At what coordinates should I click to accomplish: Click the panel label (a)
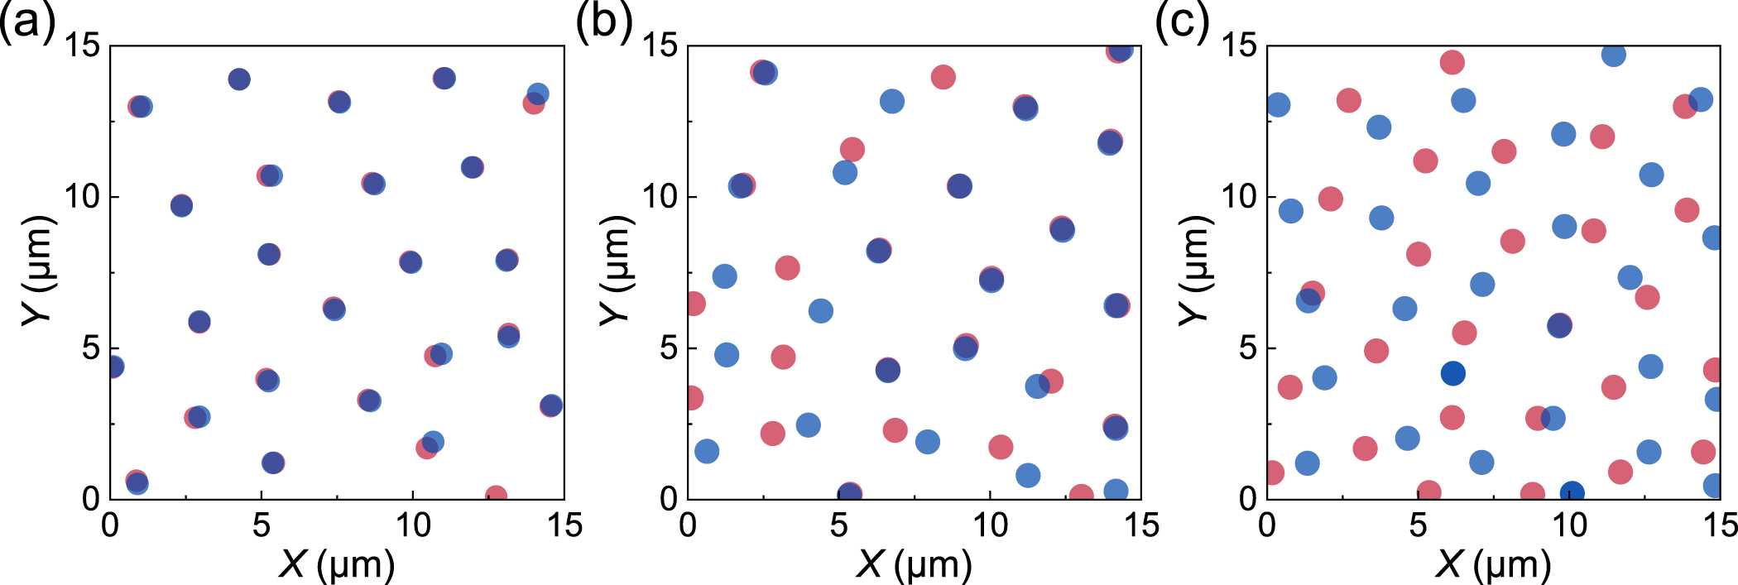pos(26,21)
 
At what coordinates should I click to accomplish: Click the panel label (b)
pos(603,21)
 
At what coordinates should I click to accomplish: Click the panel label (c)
pos(1182,21)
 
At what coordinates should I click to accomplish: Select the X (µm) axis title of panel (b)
pos(914,565)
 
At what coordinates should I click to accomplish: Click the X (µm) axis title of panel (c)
pos(1493,565)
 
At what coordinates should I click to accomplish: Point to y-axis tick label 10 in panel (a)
pos(82,197)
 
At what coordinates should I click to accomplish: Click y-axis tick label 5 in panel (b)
pos(668,348)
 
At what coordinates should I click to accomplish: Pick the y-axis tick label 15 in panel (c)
pos(1239,46)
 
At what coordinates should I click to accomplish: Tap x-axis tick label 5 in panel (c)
pos(1419,525)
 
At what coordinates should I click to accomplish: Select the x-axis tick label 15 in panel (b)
pos(1142,525)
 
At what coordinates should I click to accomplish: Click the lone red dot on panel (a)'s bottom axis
pos(496,495)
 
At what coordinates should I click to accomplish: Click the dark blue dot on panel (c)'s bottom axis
pos(1572,493)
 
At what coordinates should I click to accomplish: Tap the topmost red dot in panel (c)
pos(1452,62)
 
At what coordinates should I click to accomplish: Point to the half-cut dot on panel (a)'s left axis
pos(116,367)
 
